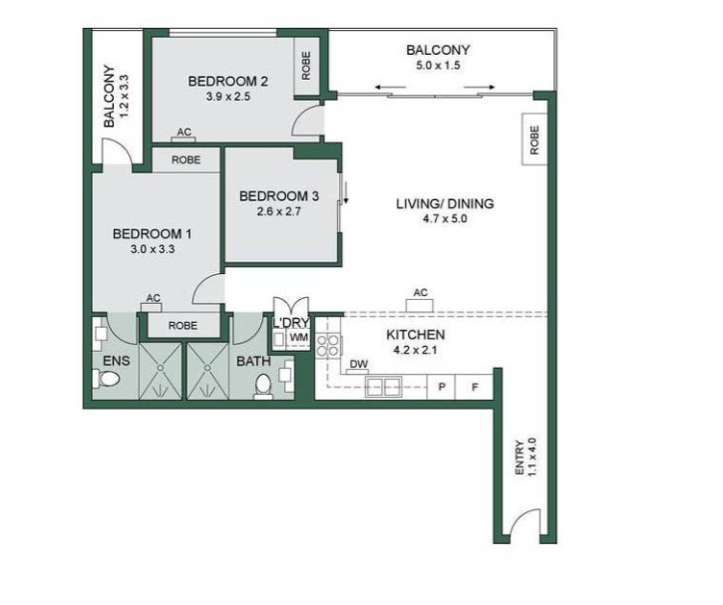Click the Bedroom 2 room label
pos(227,82)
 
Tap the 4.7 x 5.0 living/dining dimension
pos(445,219)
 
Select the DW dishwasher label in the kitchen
pos(358,364)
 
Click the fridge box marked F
pos(474,387)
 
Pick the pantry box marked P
pos(441,387)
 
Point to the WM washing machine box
pos(299,338)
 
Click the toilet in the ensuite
pos(107,379)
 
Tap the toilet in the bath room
pos(263,386)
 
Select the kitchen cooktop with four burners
pos(328,345)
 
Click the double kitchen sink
pos(383,386)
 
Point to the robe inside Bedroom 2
pos(306,66)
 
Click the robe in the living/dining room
pos(535,140)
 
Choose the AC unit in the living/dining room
pos(420,305)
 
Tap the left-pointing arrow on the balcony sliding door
pos(390,87)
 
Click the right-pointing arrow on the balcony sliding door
pos(479,87)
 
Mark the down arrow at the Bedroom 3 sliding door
pos(345,193)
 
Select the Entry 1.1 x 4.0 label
pos(526,458)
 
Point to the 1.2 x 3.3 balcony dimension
pos(124,96)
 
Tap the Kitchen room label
pos(415,335)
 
